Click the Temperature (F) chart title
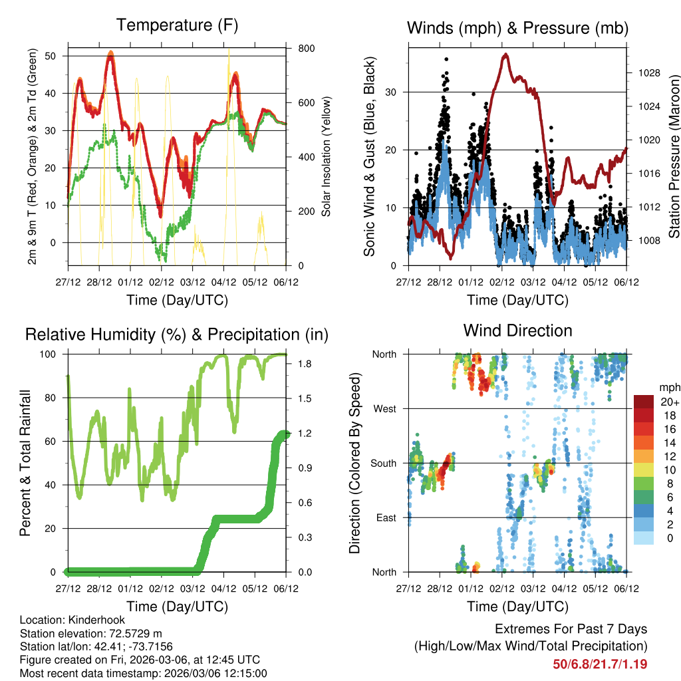click(177, 25)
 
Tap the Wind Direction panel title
click(517, 331)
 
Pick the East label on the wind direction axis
click(385, 517)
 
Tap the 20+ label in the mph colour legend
click(669, 402)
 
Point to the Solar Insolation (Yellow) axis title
click(327, 156)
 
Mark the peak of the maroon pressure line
click(506, 55)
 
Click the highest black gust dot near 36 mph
click(446, 59)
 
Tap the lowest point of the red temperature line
click(160, 216)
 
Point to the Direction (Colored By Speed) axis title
click(354, 462)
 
